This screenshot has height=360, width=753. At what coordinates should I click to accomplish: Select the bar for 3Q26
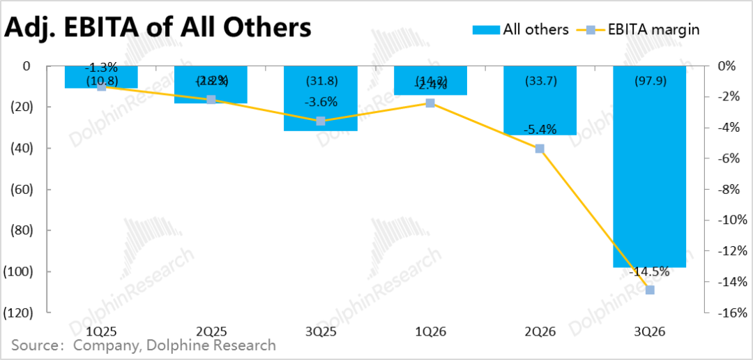(649, 167)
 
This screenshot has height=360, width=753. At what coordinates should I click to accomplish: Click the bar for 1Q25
(101, 77)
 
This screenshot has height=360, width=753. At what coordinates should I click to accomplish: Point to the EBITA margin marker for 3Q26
(650, 290)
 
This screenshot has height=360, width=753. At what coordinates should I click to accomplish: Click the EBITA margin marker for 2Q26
(540, 149)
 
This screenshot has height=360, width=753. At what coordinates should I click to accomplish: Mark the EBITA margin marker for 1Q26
(430, 103)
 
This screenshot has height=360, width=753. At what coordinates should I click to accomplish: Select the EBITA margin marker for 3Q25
(320, 121)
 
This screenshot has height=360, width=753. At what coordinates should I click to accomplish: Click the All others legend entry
(521, 29)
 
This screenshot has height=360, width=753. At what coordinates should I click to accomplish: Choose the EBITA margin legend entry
(641, 29)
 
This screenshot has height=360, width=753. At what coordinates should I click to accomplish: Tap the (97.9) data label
(649, 82)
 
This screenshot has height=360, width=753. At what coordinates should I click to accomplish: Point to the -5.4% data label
(540, 129)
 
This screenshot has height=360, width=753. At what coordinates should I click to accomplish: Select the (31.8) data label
(320, 82)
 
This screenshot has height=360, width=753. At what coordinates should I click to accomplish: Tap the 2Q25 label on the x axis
(211, 331)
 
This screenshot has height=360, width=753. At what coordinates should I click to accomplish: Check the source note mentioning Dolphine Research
(144, 345)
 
